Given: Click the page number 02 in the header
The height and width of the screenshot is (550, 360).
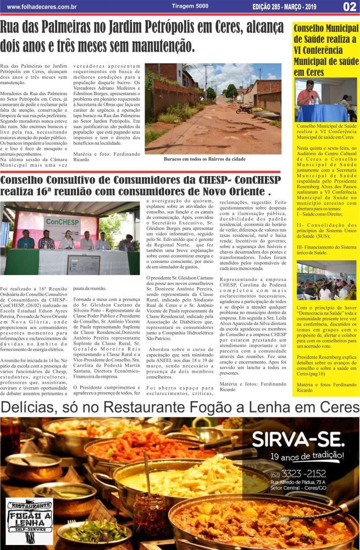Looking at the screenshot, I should tap(350, 7).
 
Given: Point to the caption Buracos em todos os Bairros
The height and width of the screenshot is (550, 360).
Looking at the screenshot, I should tap(204, 159).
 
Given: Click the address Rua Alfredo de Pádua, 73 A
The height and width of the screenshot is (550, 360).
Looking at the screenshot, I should tap(297, 482).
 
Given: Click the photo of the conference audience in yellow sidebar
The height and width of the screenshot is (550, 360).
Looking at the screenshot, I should tap(326, 280).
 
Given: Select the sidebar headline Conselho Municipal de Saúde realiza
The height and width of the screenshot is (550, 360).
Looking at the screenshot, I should tap(325, 50).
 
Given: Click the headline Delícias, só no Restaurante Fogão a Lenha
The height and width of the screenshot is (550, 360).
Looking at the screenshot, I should tap(180, 408).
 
